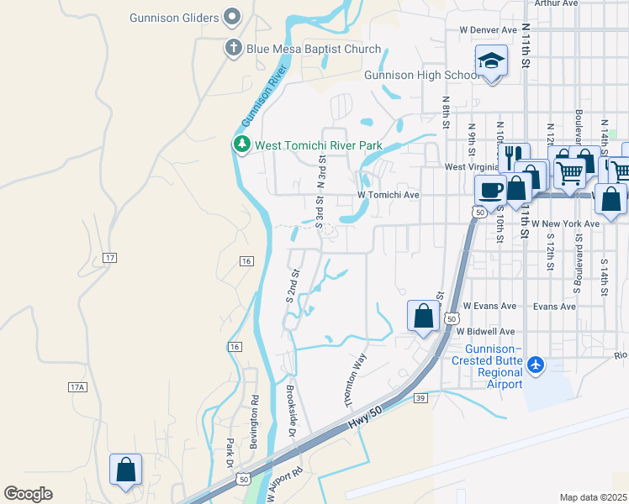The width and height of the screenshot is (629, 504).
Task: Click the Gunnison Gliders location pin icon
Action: pyautogui.click(x=233, y=18)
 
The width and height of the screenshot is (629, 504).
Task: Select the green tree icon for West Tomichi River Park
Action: pyautogui.click(x=242, y=145)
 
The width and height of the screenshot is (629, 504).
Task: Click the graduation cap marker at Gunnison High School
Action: pyautogui.click(x=490, y=61)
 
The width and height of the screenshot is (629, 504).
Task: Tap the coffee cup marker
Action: pyautogui.click(x=490, y=189)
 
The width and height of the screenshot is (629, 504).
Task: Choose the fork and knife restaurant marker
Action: pyautogui.click(x=512, y=156)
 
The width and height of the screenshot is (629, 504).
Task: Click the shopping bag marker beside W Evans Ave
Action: pyautogui.click(x=424, y=316)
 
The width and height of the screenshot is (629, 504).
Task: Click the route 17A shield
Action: pyautogui.click(x=77, y=387)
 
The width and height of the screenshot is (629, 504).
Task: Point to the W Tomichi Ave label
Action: pyautogui.click(x=388, y=195)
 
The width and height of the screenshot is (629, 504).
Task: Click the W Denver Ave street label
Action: pyautogui.click(x=487, y=29)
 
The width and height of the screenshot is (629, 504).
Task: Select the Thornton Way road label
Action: pyautogui.click(x=357, y=380)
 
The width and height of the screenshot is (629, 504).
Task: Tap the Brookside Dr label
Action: pyautogui.click(x=290, y=411)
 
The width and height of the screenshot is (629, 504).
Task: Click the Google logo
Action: pyautogui.click(x=28, y=494)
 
